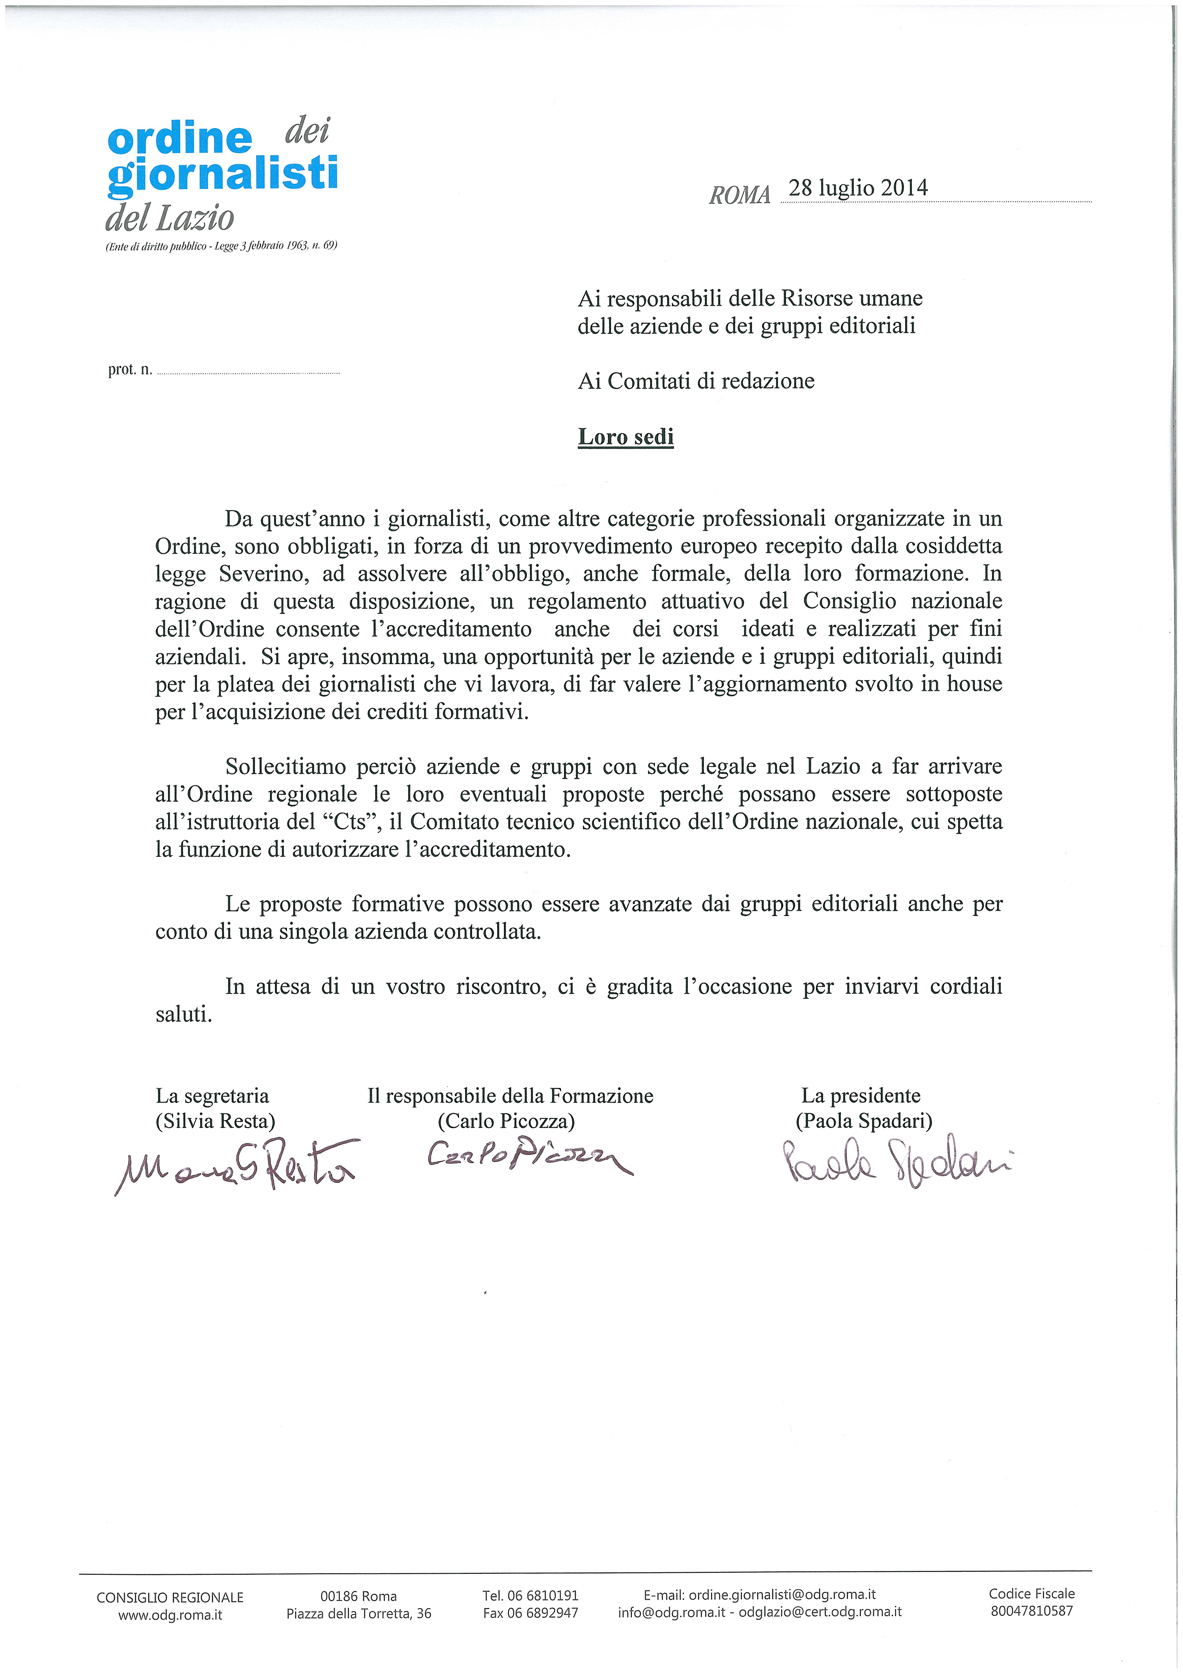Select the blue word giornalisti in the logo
[222, 175]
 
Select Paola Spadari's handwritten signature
[897, 1159]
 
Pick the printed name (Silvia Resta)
[215, 1121]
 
